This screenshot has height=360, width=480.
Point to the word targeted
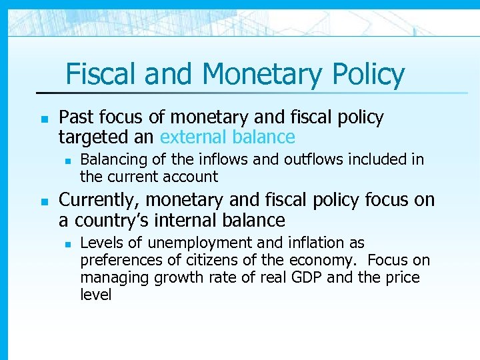91,137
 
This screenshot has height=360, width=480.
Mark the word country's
117,220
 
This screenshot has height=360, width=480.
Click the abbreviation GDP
306,277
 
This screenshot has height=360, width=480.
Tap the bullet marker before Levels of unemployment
65,243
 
